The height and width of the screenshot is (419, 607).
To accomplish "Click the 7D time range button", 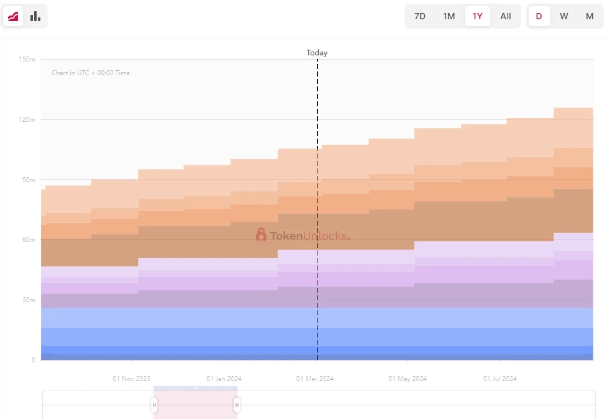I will pos(420,16).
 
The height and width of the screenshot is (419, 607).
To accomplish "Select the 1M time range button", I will pos(449,16).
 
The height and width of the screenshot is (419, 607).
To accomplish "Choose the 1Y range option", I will pos(477,16).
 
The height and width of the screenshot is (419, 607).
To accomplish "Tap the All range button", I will pos(506,16).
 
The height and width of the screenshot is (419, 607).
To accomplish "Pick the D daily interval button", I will pos(539,16).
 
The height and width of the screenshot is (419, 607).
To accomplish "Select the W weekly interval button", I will pos(564,16).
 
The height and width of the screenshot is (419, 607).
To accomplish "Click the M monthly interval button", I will pos(590,16).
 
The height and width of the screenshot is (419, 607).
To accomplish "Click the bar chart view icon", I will pos(35,16).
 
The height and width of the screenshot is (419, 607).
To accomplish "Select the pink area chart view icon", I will pos(13,16).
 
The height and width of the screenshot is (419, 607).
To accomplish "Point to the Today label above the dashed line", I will pos(317,53).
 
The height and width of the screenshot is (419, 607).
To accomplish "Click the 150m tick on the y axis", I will pos(27,60).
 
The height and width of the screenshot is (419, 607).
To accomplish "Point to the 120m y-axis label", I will pos(27,119).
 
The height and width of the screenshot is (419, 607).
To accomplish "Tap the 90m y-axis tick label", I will pos(29,180).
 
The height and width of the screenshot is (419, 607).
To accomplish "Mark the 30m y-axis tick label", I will pos(29,300).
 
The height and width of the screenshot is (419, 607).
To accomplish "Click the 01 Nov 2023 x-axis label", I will pos(131,379).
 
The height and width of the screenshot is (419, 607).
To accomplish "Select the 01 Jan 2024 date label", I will pos(224,379).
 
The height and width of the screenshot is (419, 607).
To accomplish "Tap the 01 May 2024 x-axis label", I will pos(408,379).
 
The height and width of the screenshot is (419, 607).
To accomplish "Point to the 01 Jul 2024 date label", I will pos(500,379).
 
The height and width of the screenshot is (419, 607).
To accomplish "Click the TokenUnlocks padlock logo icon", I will pos(261,235).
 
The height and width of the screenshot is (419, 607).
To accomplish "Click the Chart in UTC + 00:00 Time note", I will pos(91,73).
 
